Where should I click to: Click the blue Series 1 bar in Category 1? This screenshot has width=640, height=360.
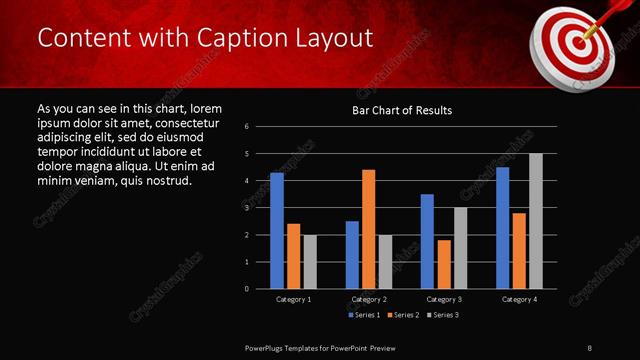click(x=277, y=231)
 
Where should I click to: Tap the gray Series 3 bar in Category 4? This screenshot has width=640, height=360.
click(x=535, y=221)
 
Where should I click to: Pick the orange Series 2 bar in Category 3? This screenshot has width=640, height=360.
click(x=444, y=264)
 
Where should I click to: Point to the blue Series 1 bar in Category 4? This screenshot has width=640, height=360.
click(x=502, y=228)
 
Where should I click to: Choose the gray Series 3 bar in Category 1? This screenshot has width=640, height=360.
click(x=310, y=262)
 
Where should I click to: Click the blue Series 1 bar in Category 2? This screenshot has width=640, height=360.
click(x=352, y=255)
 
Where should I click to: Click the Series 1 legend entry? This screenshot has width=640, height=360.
click(x=363, y=315)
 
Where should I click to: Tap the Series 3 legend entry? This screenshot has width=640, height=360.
click(x=445, y=315)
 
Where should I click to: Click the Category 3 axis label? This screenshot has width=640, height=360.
click(x=444, y=299)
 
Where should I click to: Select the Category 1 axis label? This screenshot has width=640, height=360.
click(x=293, y=299)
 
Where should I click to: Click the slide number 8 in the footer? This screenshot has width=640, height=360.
click(x=589, y=345)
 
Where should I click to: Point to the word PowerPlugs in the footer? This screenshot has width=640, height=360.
click(x=268, y=345)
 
